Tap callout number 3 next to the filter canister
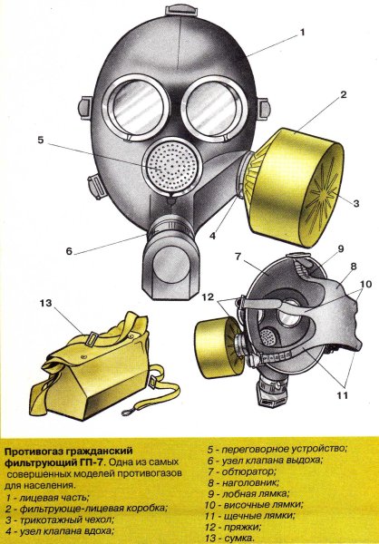point(356,204)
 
